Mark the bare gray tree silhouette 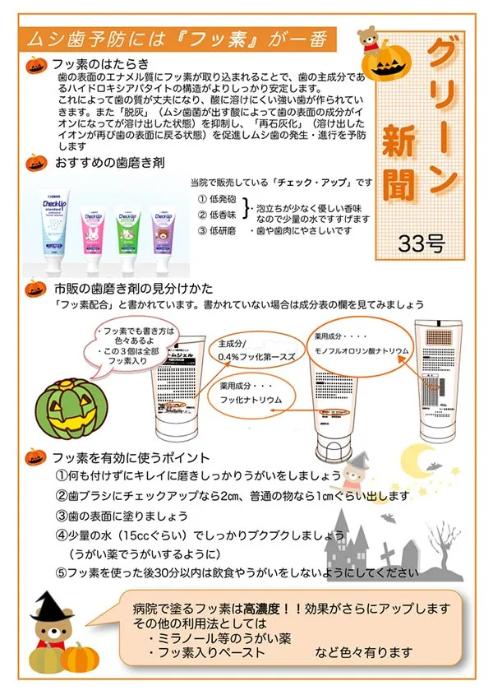[x=445, y=539]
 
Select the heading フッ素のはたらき [x=99, y=63]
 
